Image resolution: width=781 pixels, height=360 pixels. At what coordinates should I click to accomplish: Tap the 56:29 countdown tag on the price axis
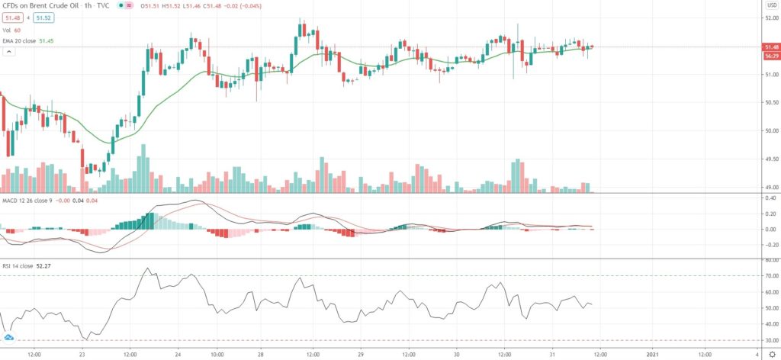pos(770,56)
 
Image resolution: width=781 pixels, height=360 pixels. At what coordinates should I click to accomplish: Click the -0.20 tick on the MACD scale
pos(769,245)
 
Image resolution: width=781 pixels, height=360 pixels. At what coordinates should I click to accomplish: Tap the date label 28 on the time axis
pos(262,354)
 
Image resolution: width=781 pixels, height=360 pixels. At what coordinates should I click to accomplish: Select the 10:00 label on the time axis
pos(217,354)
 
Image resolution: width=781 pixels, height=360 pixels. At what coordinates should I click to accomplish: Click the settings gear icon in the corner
pos(771,354)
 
